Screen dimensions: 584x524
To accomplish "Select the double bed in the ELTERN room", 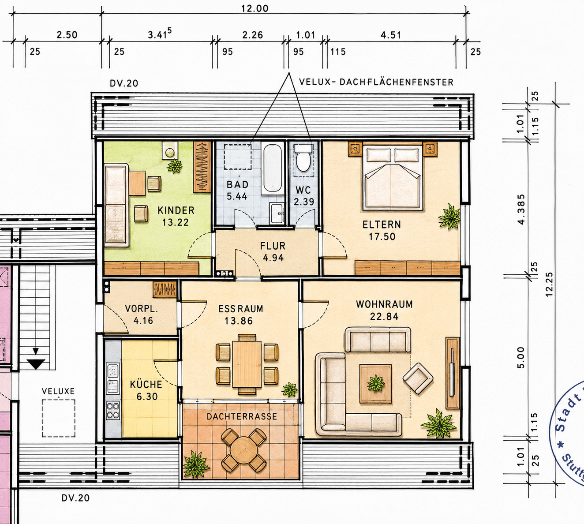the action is point(393,176).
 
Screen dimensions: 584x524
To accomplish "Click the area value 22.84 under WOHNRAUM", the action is point(384,317).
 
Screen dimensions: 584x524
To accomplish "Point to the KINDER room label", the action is point(176,210).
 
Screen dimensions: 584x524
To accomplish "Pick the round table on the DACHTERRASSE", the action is point(244,452).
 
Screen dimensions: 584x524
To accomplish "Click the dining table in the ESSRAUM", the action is point(247,364).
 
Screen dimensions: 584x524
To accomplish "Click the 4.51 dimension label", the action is point(391,35).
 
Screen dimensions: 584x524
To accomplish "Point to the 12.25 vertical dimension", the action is point(549,284).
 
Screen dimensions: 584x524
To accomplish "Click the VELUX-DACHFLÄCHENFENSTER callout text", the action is point(376,82).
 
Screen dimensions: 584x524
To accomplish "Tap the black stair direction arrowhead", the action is point(35,364).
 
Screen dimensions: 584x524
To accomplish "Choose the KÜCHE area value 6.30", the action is point(147,397).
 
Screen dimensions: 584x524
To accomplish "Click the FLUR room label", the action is point(273,246).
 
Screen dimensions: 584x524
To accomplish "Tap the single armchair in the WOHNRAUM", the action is point(418,378).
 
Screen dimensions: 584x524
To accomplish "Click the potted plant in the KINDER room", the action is point(174,166).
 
